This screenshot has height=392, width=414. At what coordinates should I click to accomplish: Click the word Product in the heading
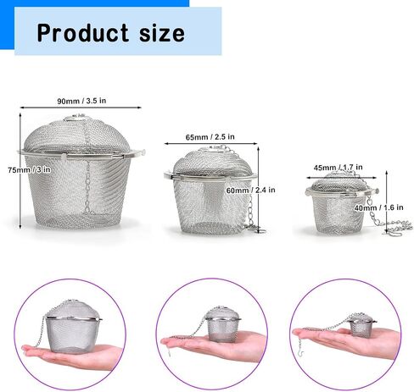(83, 33)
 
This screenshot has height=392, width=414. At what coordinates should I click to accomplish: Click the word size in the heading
(162, 33)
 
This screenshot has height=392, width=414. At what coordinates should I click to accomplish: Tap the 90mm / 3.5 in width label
(81, 101)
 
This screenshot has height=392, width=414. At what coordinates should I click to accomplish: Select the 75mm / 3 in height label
(30, 169)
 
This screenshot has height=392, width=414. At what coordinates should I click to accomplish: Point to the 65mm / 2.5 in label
(210, 137)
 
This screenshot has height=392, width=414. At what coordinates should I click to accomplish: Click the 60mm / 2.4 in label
(250, 190)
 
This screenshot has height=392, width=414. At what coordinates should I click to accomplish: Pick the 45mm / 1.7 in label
(338, 168)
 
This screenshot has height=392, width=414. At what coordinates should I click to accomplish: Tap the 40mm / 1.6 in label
(379, 207)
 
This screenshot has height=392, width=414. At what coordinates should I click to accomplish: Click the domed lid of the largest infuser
(77, 135)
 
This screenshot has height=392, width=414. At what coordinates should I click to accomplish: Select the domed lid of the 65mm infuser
(213, 162)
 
